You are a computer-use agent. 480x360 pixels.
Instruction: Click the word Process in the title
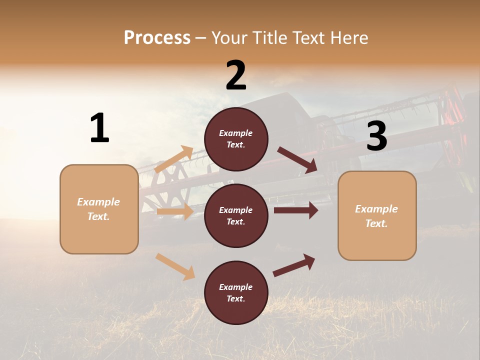point(157,38)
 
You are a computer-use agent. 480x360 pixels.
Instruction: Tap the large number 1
point(99,128)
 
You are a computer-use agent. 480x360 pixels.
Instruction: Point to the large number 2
point(236,75)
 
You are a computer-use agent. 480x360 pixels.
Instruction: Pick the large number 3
point(376,136)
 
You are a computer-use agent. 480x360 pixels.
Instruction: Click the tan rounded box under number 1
point(99,209)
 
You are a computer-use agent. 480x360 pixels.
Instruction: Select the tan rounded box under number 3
point(377,216)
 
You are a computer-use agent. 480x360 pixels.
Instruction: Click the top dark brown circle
point(236,139)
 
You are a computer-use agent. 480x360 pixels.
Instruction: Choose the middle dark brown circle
point(236,215)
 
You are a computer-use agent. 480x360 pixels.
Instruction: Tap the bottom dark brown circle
point(236,292)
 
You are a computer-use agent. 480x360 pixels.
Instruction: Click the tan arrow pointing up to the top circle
point(174,159)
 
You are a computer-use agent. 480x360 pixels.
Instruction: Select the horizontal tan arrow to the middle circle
point(175,211)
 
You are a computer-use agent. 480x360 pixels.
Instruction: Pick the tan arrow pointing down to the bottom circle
point(175,266)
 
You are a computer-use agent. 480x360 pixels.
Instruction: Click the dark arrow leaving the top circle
point(297,160)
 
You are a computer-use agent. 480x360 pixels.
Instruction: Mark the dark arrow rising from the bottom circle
point(294,265)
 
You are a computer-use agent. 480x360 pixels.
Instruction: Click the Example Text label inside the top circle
point(236,139)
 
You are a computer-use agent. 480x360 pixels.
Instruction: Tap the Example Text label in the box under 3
point(376,216)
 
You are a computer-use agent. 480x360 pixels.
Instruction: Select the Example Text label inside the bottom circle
point(236,293)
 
